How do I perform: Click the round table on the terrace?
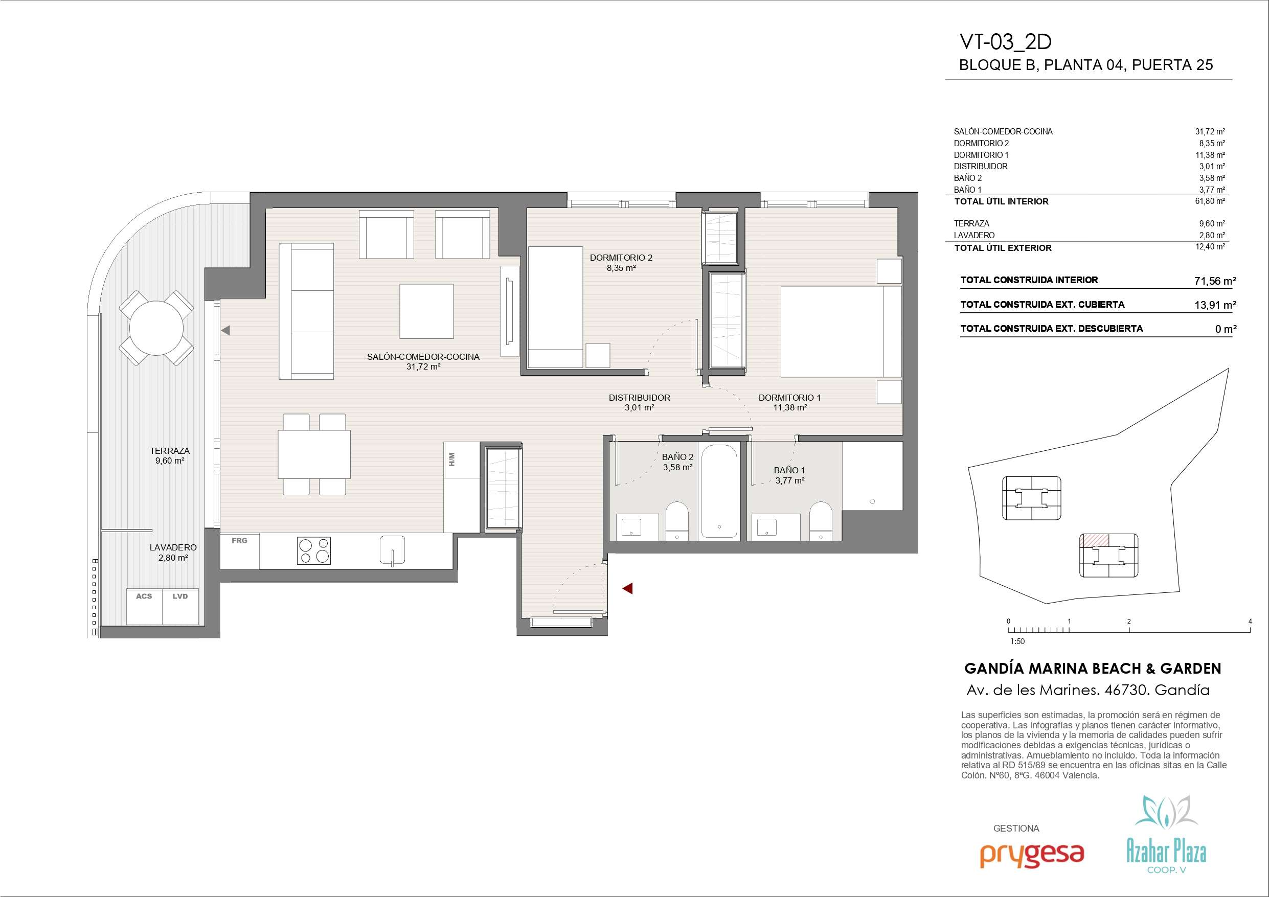156,328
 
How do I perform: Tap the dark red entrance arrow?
627,589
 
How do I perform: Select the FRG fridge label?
239,541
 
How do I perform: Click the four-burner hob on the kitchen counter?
314,550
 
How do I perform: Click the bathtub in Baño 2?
719,490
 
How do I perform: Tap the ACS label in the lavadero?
144,596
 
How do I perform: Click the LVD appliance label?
180,596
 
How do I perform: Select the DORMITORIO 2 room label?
621,258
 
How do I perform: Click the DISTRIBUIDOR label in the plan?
640,397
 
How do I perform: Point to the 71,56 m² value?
1215,281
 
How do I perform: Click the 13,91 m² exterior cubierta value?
1215,305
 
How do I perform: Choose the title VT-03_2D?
1005,42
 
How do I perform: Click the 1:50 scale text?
1017,641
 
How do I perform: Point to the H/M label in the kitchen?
452,459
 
